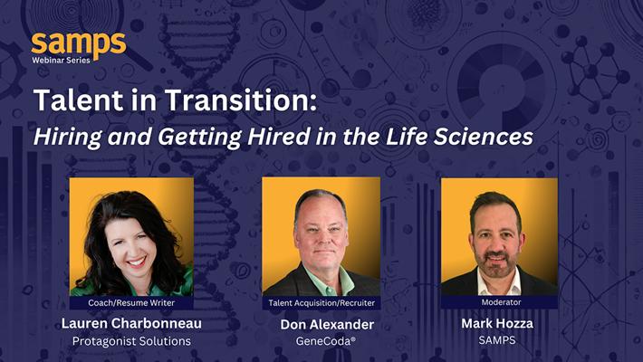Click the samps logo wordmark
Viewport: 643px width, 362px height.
click(79, 44)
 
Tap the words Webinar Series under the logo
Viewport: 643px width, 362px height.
click(61, 61)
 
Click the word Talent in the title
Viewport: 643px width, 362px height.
click(79, 100)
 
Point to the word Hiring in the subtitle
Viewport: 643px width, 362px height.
click(68, 138)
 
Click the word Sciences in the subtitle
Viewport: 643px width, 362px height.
click(484, 137)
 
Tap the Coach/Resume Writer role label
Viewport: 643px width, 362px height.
click(131, 303)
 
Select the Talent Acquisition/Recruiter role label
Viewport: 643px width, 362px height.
click(321, 303)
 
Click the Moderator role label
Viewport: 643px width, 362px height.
click(501, 302)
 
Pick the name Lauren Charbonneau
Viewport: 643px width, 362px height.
click(131, 323)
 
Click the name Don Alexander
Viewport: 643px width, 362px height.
click(327, 325)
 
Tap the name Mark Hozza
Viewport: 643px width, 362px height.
click(497, 323)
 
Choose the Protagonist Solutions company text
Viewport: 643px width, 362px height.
click(131, 341)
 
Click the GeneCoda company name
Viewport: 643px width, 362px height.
click(326, 341)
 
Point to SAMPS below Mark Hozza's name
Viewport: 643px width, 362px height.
click(497, 340)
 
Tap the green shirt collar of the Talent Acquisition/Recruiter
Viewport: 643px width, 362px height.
click(328, 281)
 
